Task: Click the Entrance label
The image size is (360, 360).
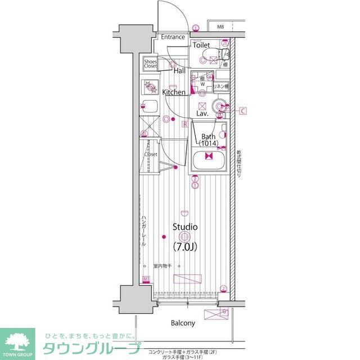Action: [x=173, y=37]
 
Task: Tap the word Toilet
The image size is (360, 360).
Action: [x=201, y=45]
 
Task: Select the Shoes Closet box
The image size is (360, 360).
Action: [x=150, y=64]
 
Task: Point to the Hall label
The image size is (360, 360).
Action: [x=179, y=71]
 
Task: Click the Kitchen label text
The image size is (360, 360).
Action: [x=174, y=92]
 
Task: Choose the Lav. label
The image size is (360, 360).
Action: [x=202, y=114]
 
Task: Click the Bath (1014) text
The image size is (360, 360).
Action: [x=209, y=140]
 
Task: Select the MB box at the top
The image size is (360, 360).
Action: [x=220, y=26]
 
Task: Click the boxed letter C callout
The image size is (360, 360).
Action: [x=243, y=111]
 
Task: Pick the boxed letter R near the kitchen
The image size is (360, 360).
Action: [x=184, y=124]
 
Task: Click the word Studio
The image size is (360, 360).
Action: [x=184, y=227]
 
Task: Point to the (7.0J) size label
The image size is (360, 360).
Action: [x=184, y=246]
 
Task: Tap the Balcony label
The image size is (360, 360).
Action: [x=183, y=323]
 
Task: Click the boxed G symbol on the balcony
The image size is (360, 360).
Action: [x=224, y=311]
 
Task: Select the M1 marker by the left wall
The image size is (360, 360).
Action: [x=146, y=280]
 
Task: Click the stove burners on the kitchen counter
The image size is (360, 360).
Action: [x=150, y=88]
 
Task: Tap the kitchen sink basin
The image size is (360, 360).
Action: [x=150, y=105]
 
